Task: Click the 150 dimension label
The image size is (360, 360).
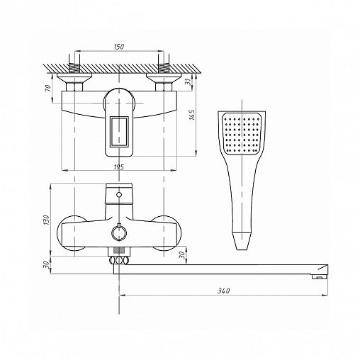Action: pyautogui.click(x=119, y=47)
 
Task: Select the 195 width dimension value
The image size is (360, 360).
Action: pyautogui.click(x=119, y=167)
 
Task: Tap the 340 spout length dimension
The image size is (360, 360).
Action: pyautogui.click(x=223, y=291)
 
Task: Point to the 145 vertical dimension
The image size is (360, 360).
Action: pyautogui.click(x=192, y=115)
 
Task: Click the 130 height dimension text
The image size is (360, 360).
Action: pyautogui.click(x=47, y=220)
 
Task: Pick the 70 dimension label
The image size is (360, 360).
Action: pyautogui.click(x=47, y=89)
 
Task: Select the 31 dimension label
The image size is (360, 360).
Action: pyautogui.click(x=187, y=81)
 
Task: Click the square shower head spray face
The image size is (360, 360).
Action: pyautogui.click(x=242, y=133)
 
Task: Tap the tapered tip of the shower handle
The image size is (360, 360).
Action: pyautogui.click(x=242, y=241)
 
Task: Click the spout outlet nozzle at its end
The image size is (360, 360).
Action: pyautogui.click(x=319, y=277)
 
